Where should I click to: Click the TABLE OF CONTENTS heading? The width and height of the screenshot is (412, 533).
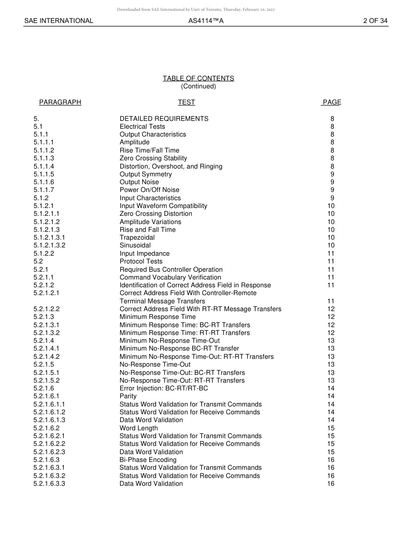coord(198,78)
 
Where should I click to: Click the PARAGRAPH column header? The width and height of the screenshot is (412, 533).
coord(60,102)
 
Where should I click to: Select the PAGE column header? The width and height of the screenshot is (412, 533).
coord(332,102)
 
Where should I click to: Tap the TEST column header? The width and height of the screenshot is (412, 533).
coord(186,102)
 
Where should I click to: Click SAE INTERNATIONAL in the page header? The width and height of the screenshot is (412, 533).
coord(59,21)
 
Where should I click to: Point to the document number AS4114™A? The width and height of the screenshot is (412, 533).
coord(206,21)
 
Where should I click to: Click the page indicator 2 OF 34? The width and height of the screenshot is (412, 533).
coord(375,21)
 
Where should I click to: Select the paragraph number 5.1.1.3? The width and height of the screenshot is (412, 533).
coord(44,158)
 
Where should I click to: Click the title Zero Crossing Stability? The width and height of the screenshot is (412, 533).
coord(153,158)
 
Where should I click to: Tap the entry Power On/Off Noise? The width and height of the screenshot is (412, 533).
coord(149,190)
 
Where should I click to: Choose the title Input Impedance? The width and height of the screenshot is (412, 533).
coord(144,253)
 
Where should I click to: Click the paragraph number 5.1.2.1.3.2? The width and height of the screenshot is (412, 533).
coord(49,245)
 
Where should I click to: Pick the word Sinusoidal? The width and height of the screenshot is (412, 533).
coord(135,245)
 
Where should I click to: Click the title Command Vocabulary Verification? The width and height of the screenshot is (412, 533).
coord(170,277)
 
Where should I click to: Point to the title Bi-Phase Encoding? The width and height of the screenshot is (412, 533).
coord(148,460)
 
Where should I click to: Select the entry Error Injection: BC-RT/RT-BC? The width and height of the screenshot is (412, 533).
coord(163,388)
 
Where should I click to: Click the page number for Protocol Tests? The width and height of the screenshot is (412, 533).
coord(331,261)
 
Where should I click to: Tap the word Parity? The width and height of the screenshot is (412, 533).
coord(128,396)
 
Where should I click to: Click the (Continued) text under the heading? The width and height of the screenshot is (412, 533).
coord(198,86)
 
